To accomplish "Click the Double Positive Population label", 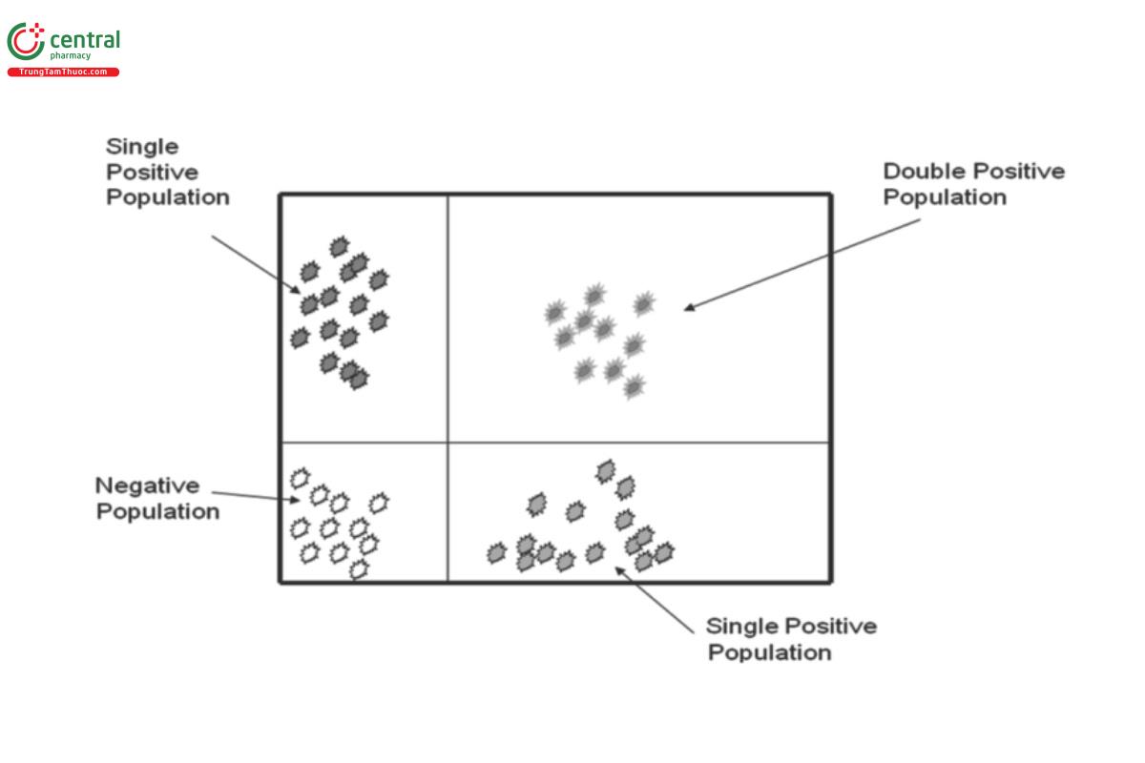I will coord(973,184).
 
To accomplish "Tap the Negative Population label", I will coord(157,498).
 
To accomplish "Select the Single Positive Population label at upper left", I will coord(167,172).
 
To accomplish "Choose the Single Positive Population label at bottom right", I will coord(791,639).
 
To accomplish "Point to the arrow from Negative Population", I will coord(253,495).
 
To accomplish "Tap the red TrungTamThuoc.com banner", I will coord(63,72).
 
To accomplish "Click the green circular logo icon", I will coord(25,43).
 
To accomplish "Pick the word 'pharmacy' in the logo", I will coord(71,56).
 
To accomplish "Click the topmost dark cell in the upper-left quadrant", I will coord(339,247).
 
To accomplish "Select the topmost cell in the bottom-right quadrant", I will coord(605,470).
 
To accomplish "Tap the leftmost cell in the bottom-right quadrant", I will coord(496,552).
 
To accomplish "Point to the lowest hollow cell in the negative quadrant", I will coord(359,569).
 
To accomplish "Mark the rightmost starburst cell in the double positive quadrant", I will coord(644,304).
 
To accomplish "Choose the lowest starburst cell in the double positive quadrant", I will coord(634,386).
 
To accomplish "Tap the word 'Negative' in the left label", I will coord(148,485).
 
